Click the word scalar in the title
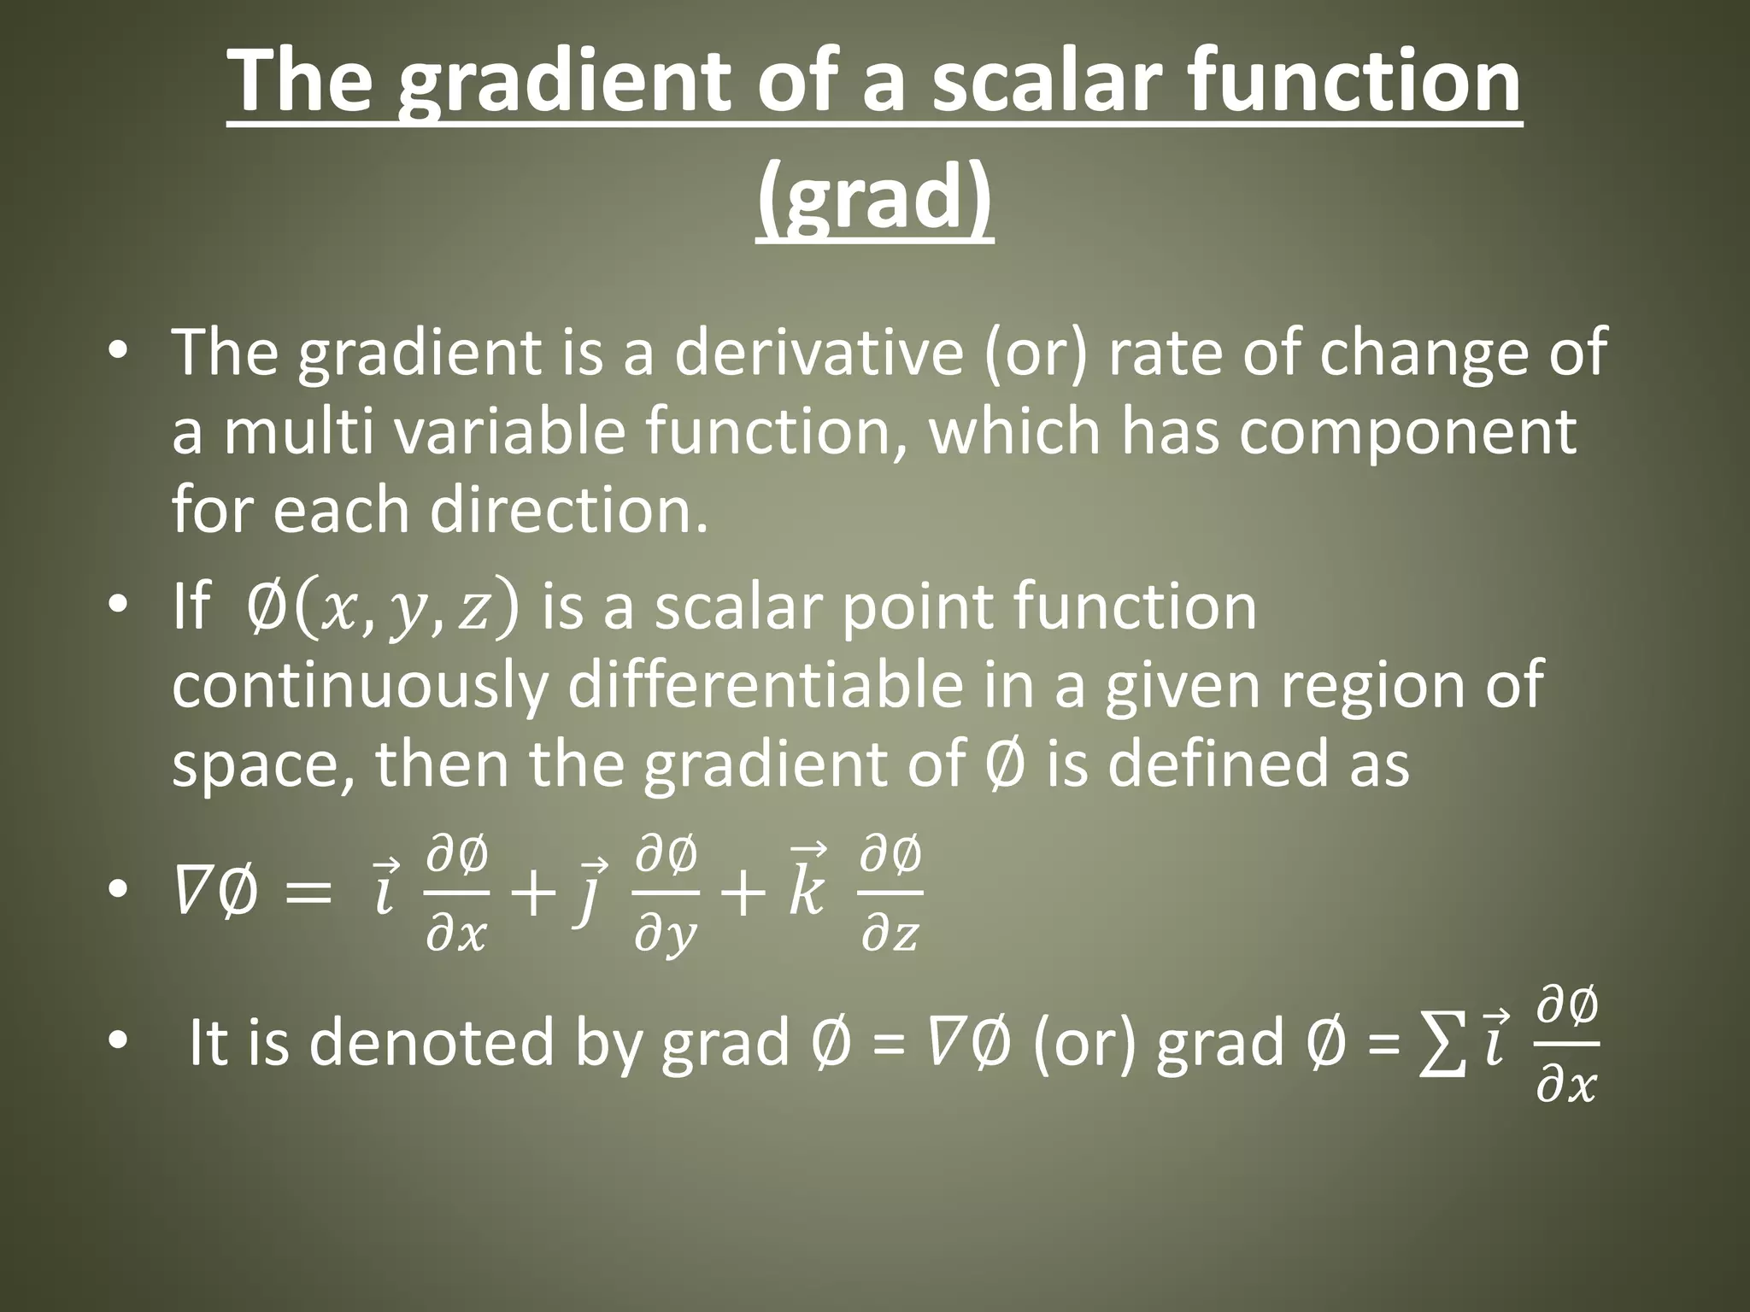tap(1031, 81)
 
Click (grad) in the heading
tap(875, 198)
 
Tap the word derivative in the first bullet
tap(819, 353)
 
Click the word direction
tap(568, 510)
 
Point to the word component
tap(1407, 431)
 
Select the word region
tap(1368, 686)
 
